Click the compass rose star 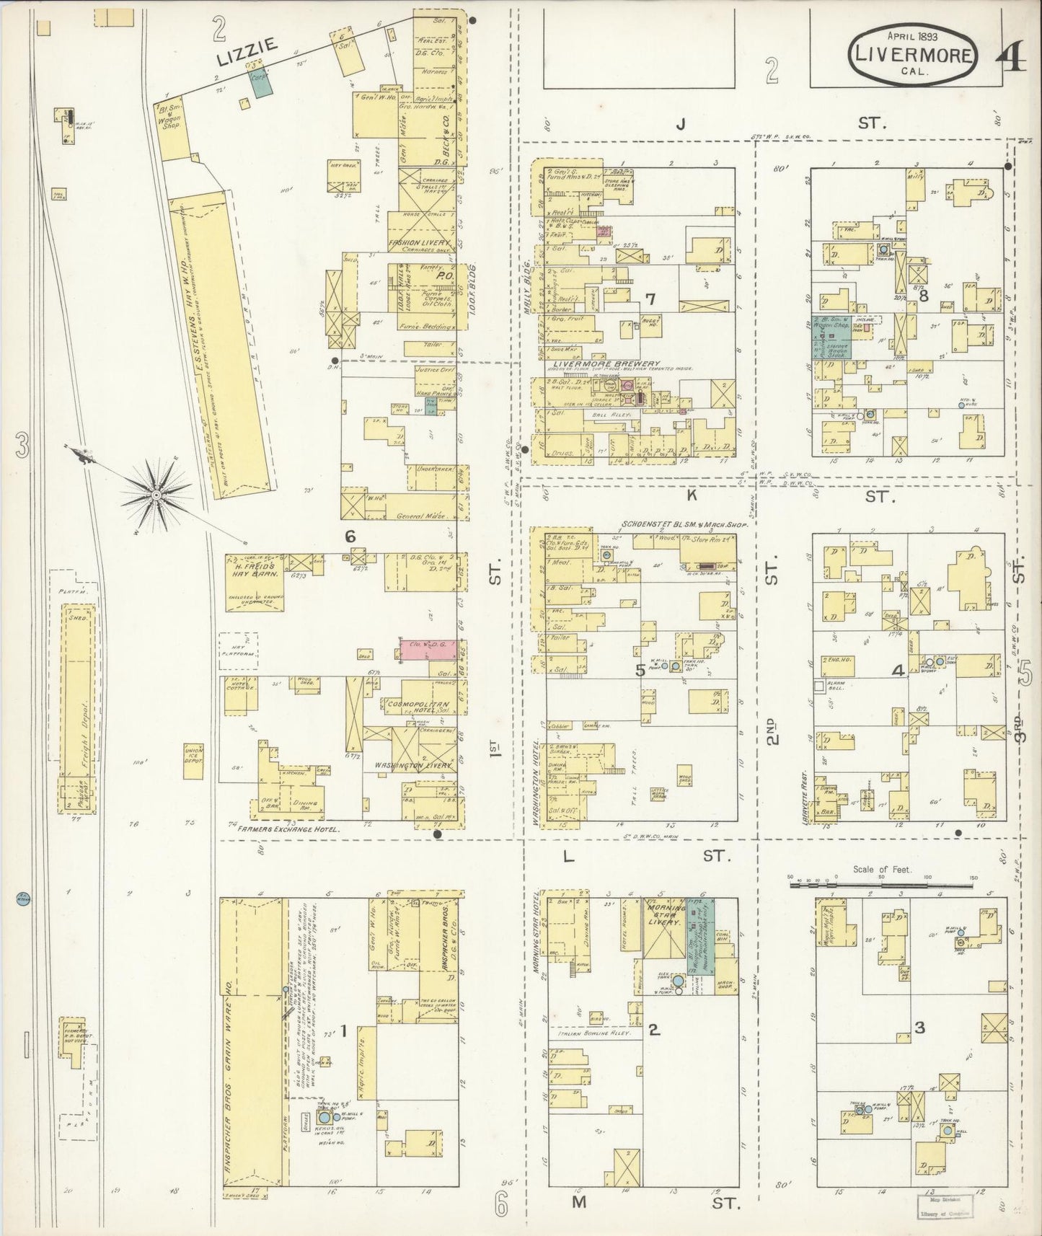coord(156,495)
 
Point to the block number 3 coord(919,1028)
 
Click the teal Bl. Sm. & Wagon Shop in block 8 coord(833,337)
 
